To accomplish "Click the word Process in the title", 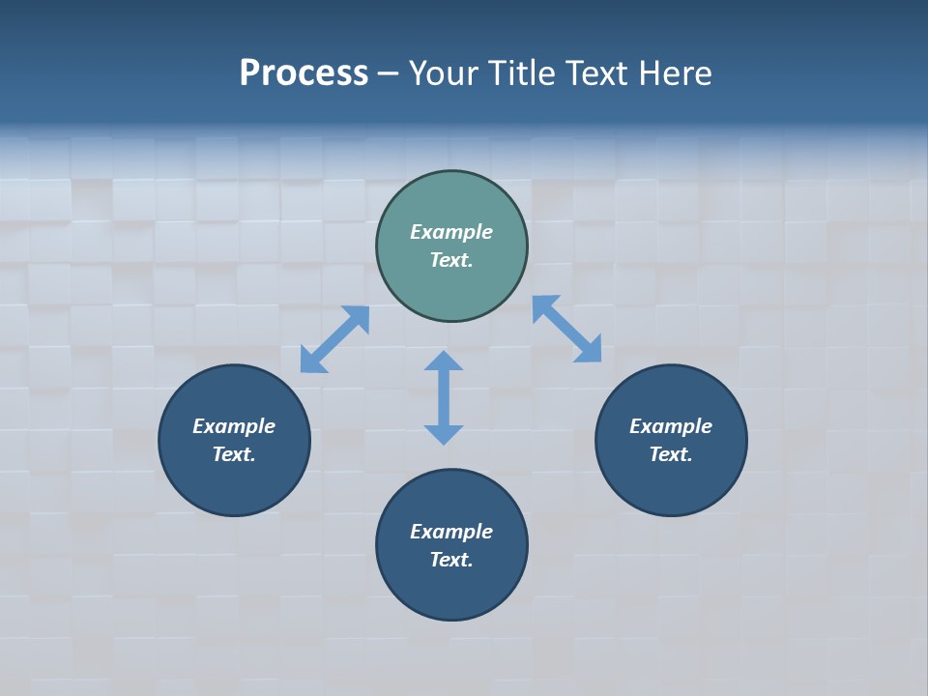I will (x=304, y=73).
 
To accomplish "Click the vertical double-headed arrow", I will (x=444, y=397).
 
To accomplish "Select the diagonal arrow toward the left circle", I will (x=334, y=339).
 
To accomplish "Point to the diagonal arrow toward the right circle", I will (x=566, y=330).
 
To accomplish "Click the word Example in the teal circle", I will (x=451, y=232).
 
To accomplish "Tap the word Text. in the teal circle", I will (x=451, y=260).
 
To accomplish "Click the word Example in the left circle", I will (x=234, y=426).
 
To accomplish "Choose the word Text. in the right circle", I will (x=671, y=454).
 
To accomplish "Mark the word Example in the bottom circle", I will (x=451, y=532).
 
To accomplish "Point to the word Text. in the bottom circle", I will (x=451, y=560).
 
